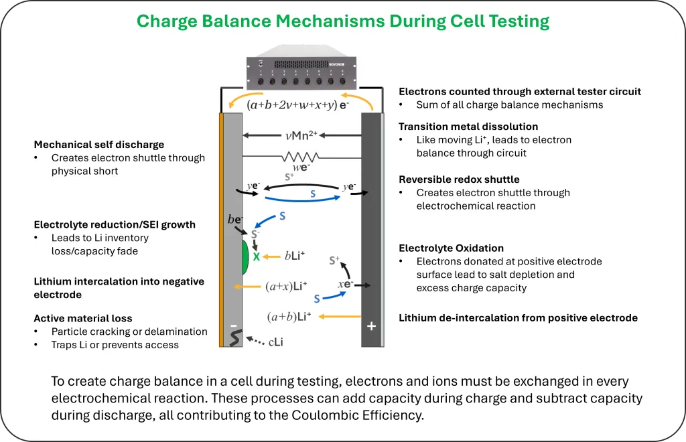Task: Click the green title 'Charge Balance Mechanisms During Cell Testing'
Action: (343, 21)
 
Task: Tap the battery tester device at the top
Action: (301, 67)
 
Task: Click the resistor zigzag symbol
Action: (300, 157)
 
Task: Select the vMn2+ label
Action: (301, 135)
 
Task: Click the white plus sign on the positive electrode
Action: (371, 326)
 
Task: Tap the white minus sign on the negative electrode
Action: (234, 325)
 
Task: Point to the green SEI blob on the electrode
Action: (245, 256)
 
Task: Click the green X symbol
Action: (257, 256)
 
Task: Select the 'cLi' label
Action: (275, 342)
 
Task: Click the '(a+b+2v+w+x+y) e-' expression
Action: (298, 105)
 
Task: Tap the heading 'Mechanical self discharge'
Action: (99, 145)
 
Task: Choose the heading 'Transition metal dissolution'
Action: (468, 127)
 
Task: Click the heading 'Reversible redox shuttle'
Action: (459, 179)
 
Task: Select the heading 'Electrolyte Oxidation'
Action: (451, 248)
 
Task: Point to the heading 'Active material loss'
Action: (82, 318)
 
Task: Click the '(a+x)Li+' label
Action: (286, 287)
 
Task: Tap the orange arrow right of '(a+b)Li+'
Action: (340, 317)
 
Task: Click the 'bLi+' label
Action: (295, 256)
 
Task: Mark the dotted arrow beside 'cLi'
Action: (255, 341)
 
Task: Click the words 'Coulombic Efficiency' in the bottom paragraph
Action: (357, 415)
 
